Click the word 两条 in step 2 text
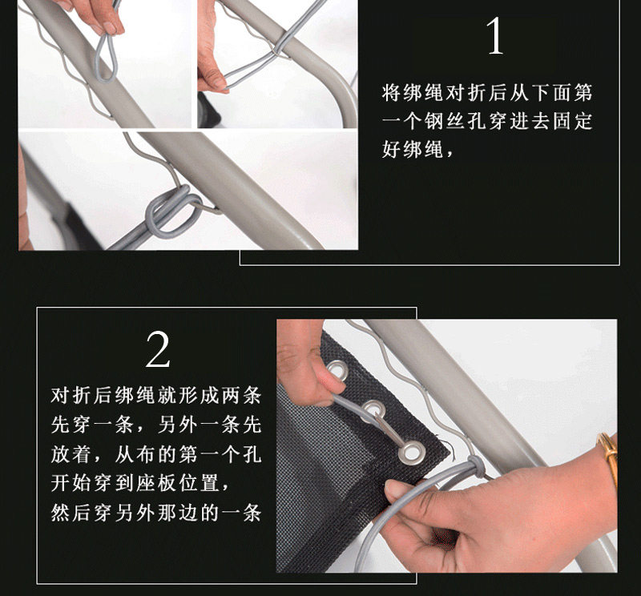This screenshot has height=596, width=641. click(246, 396)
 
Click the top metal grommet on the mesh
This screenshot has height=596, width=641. click(339, 371)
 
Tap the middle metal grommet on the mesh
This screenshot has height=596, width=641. click(371, 411)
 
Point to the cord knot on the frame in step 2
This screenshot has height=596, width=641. click(474, 465)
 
